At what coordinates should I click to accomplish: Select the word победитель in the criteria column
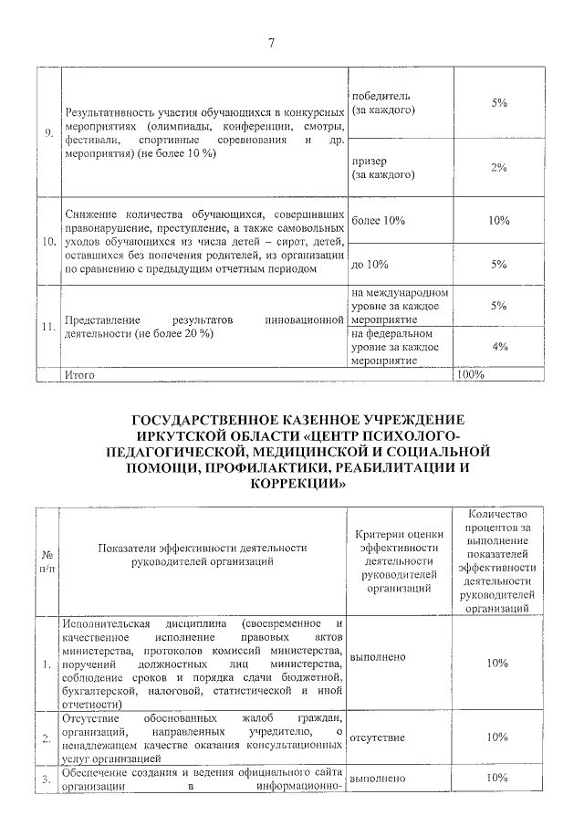tap(381, 97)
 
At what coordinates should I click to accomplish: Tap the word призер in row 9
tap(369, 161)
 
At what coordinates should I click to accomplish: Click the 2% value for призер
tap(498, 168)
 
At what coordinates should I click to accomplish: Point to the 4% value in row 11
tap(498, 346)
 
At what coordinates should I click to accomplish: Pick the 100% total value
tap(469, 374)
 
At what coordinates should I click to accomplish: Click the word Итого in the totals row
tap(78, 374)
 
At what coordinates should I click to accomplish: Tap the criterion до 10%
tap(370, 265)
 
